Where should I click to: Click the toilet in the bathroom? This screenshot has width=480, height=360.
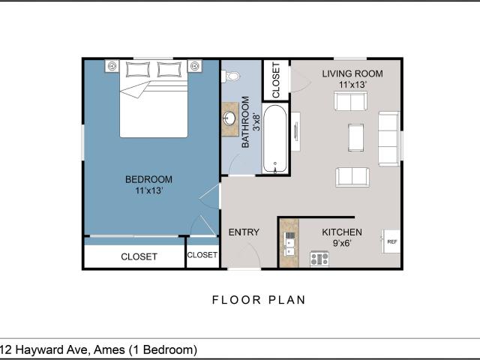tap(230, 76)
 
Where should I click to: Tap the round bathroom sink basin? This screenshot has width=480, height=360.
tap(229, 118)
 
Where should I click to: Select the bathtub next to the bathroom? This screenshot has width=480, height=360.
tap(275, 138)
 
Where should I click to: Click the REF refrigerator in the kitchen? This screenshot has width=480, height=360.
tap(391, 241)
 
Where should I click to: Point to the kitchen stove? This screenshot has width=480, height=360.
tap(319, 259)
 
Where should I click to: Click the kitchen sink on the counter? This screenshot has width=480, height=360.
tap(289, 244)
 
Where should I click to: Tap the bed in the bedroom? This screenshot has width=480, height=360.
tap(153, 98)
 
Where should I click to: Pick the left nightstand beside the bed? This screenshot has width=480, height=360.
tap(112, 66)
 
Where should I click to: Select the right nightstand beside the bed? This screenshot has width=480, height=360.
tap(195, 66)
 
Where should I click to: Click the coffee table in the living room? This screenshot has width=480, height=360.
tap(355, 137)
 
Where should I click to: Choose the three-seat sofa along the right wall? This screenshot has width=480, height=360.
tap(388, 139)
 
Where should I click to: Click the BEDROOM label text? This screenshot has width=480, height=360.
tap(148, 179)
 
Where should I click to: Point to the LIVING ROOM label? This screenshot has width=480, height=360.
tap(352, 73)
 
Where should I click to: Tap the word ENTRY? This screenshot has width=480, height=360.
tap(244, 232)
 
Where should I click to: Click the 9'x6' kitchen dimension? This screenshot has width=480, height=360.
tap(342, 243)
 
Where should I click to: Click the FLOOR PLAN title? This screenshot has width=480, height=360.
tap(259, 300)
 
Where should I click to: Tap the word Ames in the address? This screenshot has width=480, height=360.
tap(109, 349)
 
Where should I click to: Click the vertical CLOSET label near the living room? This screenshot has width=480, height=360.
tap(276, 80)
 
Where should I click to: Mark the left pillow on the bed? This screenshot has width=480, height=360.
tap(138, 70)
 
